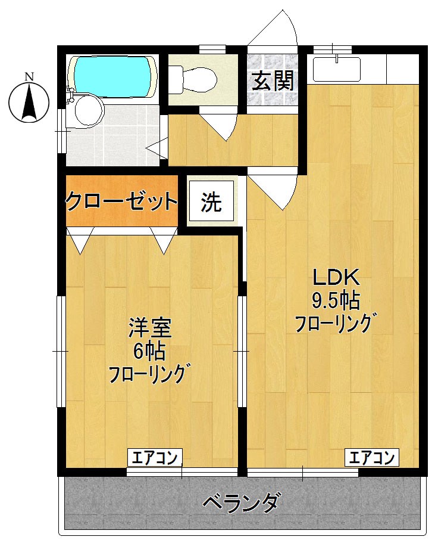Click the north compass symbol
point(29,101)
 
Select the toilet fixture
point(193,78)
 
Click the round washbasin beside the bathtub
point(87,111)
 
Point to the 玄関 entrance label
point(273,81)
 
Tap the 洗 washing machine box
point(211,203)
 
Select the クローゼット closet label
point(121,201)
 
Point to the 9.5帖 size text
point(335,300)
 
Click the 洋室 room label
point(150,328)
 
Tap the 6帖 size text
point(149,351)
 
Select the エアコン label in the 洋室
point(155,458)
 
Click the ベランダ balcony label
point(240,504)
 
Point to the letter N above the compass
point(29,76)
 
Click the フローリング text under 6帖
point(150,374)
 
